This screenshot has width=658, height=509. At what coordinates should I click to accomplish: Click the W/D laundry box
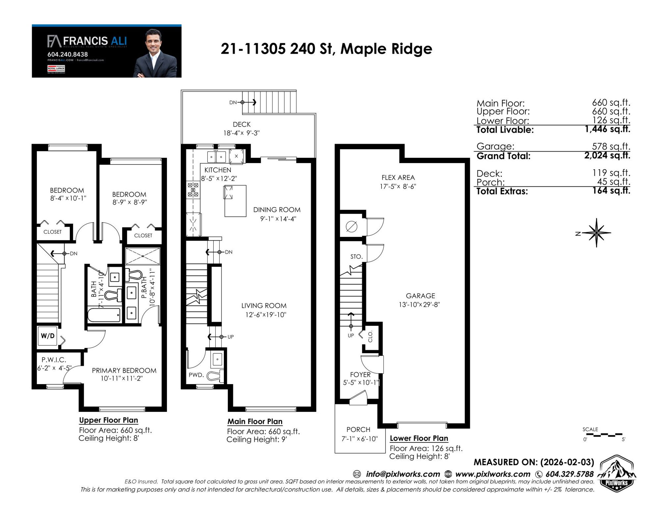[48, 336]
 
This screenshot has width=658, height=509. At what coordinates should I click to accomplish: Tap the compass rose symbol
[596, 233]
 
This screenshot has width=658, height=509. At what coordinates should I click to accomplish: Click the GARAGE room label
[420, 296]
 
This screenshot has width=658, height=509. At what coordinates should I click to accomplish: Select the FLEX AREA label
[398, 178]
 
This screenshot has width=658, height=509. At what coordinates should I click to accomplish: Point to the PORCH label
[358, 430]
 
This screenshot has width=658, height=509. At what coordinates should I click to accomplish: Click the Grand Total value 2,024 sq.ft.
[607, 155]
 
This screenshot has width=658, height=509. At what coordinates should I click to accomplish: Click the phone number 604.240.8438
[68, 54]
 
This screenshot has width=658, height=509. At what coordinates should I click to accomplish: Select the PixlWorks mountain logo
[617, 474]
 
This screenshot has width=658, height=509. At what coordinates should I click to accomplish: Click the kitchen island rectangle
[235, 201]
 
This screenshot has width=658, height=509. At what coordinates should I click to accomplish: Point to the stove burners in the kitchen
[193, 190]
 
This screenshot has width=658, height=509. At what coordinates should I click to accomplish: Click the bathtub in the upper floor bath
[104, 315]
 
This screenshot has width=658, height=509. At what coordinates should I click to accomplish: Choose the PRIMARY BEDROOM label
[124, 370]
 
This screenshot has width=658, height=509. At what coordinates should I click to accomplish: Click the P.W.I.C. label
[54, 360]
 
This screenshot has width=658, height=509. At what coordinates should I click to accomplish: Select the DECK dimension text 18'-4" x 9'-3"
[241, 133]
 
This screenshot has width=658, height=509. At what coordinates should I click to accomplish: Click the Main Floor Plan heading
[255, 422]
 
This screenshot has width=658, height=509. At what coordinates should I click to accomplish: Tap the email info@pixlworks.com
[403, 474]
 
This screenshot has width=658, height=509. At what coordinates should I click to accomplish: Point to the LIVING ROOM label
[264, 306]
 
